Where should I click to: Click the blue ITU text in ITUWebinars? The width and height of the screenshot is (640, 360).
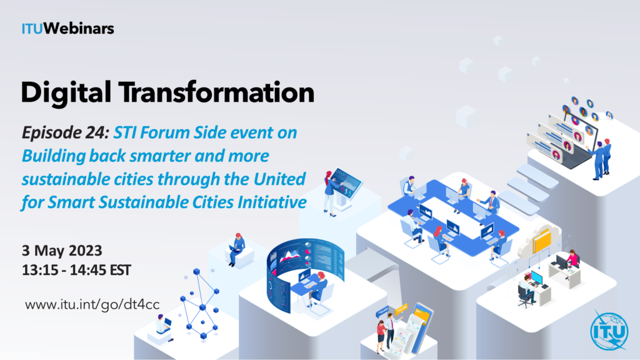(x=32, y=29)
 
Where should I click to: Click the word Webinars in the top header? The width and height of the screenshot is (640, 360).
(x=79, y=29)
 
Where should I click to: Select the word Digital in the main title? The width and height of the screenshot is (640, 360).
(x=66, y=93)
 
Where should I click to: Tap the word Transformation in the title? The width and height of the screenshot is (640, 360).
(x=217, y=92)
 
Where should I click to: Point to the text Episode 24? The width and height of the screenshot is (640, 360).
(x=65, y=133)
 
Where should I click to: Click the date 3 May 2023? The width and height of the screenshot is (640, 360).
(x=62, y=250)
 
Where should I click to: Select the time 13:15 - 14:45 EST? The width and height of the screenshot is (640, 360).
(x=76, y=270)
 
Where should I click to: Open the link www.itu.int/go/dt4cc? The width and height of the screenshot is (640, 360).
(x=92, y=305)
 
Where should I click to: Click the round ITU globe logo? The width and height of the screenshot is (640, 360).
(x=609, y=331)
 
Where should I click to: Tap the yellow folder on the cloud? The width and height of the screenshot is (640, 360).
(x=542, y=241)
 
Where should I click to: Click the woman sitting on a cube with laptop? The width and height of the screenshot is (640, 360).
(x=236, y=249)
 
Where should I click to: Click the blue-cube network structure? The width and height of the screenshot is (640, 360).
(x=201, y=304)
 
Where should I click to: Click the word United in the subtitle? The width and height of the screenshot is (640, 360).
(x=279, y=179)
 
